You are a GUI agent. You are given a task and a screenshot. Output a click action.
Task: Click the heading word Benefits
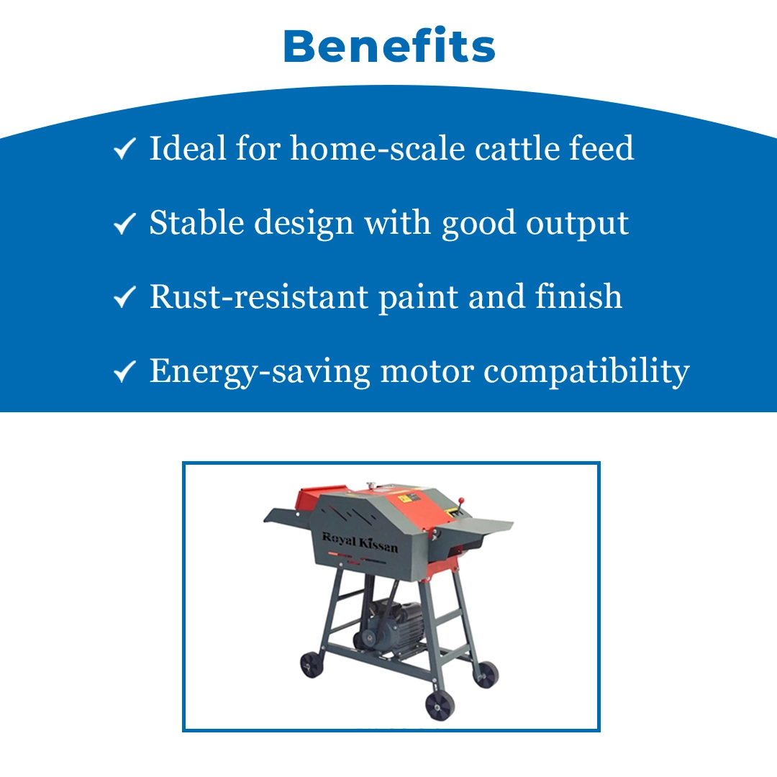click(389, 45)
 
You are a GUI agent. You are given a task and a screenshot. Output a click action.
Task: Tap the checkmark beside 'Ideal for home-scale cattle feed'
click(124, 148)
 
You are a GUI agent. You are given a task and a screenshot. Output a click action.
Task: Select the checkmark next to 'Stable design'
click(124, 223)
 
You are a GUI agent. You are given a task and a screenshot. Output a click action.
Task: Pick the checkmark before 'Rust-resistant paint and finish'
click(124, 297)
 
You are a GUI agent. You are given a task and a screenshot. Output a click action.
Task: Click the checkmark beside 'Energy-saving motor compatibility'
click(124, 371)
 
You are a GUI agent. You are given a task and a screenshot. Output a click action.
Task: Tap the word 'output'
click(577, 224)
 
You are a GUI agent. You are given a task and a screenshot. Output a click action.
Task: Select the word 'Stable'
click(196, 222)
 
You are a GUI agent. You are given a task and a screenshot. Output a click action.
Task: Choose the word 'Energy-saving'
click(260, 372)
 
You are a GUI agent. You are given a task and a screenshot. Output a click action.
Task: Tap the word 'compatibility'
click(587, 372)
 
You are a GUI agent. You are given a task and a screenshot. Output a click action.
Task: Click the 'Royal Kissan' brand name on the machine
click(360, 542)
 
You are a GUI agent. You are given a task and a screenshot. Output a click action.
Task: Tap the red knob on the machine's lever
click(461, 500)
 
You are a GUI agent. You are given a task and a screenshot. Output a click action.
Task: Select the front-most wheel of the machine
click(440, 705)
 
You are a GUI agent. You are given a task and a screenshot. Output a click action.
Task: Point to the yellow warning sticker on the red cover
click(453, 513)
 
